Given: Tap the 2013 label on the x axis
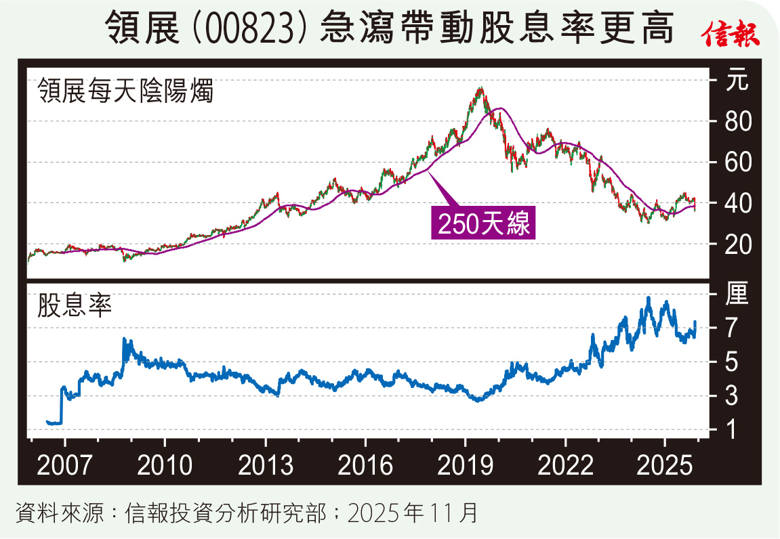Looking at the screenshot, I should tap(265, 467).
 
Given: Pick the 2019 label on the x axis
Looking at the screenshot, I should tap(465, 467).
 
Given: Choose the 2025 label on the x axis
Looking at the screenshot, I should tap(665, 467).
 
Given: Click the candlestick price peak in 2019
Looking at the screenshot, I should tap(480, 89).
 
